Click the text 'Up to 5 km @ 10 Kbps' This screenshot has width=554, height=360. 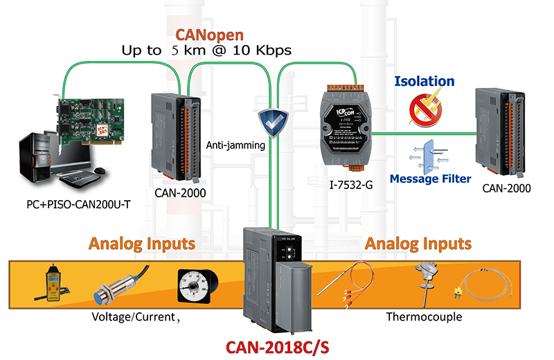pos(207,51)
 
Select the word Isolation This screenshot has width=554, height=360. pos(424,81)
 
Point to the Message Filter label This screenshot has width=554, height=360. pos(430,179)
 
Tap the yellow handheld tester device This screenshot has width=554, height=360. pos(51,283)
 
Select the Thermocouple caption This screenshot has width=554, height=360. pos(424,317)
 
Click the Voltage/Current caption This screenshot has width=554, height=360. pos(136,317)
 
